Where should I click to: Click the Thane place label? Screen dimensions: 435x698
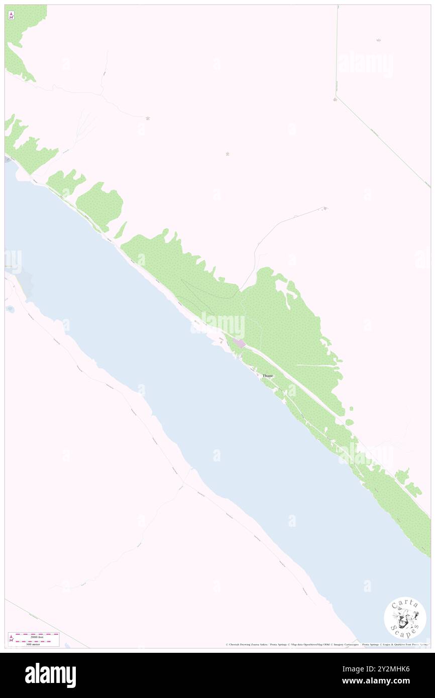tap(268, 376)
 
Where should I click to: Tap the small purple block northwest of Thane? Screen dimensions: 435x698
tap(239, 343)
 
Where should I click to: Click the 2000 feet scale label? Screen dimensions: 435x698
tap(37, 637)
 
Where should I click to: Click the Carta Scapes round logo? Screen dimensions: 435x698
tap(405, 618)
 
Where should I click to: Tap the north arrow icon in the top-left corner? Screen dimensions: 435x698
tap(11, 16)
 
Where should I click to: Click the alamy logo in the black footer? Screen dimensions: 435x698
tap(50, 675)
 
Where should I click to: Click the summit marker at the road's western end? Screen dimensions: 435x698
tap(147, 119)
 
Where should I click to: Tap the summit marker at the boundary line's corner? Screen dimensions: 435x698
tap(335, 99)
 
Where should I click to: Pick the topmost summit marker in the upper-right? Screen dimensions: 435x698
tap(378, 40)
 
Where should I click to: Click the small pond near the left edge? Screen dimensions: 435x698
tap(10, 309)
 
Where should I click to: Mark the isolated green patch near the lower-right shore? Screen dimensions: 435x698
tap(401, 474)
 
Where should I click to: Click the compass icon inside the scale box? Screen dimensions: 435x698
tap(11, 638)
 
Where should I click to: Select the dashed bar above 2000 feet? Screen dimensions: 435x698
tap(37, 634)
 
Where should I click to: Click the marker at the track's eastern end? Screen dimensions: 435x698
tap(325, 208)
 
